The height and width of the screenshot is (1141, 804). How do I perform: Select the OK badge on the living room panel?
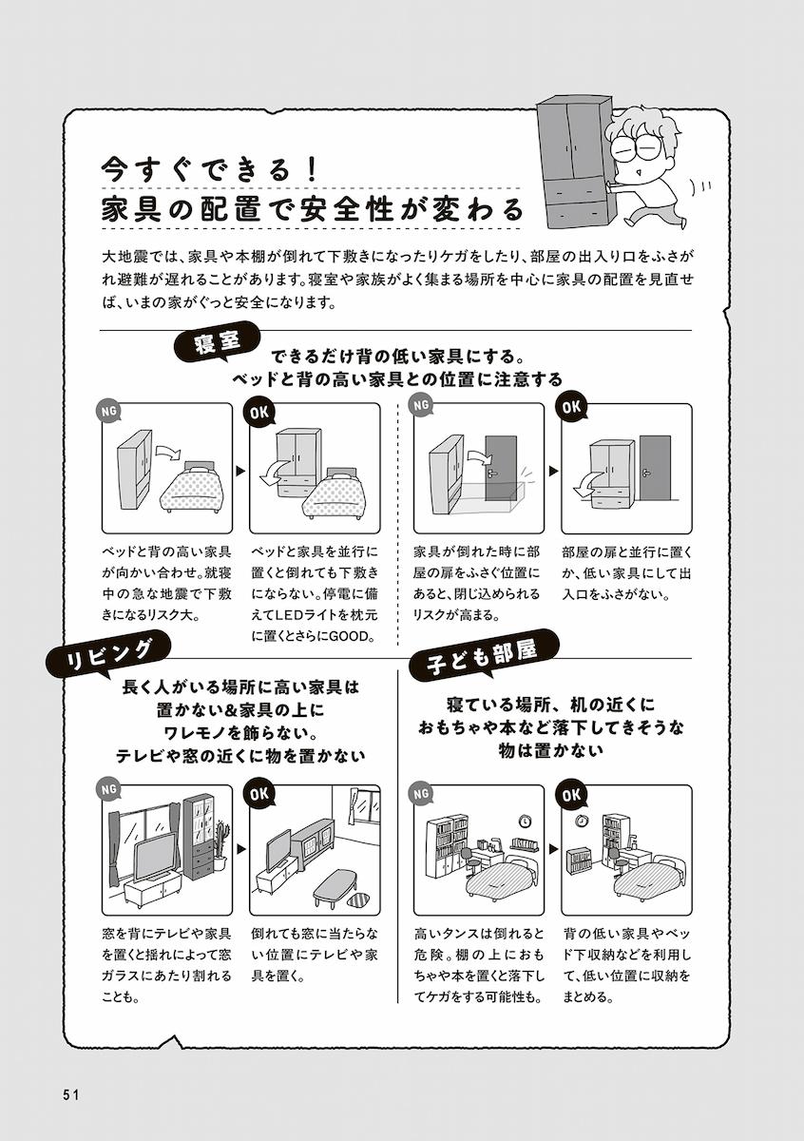[x=258, y=791]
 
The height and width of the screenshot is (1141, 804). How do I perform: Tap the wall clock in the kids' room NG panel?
[x=524, y=821]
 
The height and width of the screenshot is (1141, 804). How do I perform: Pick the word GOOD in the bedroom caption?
[x=353, y=636]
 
